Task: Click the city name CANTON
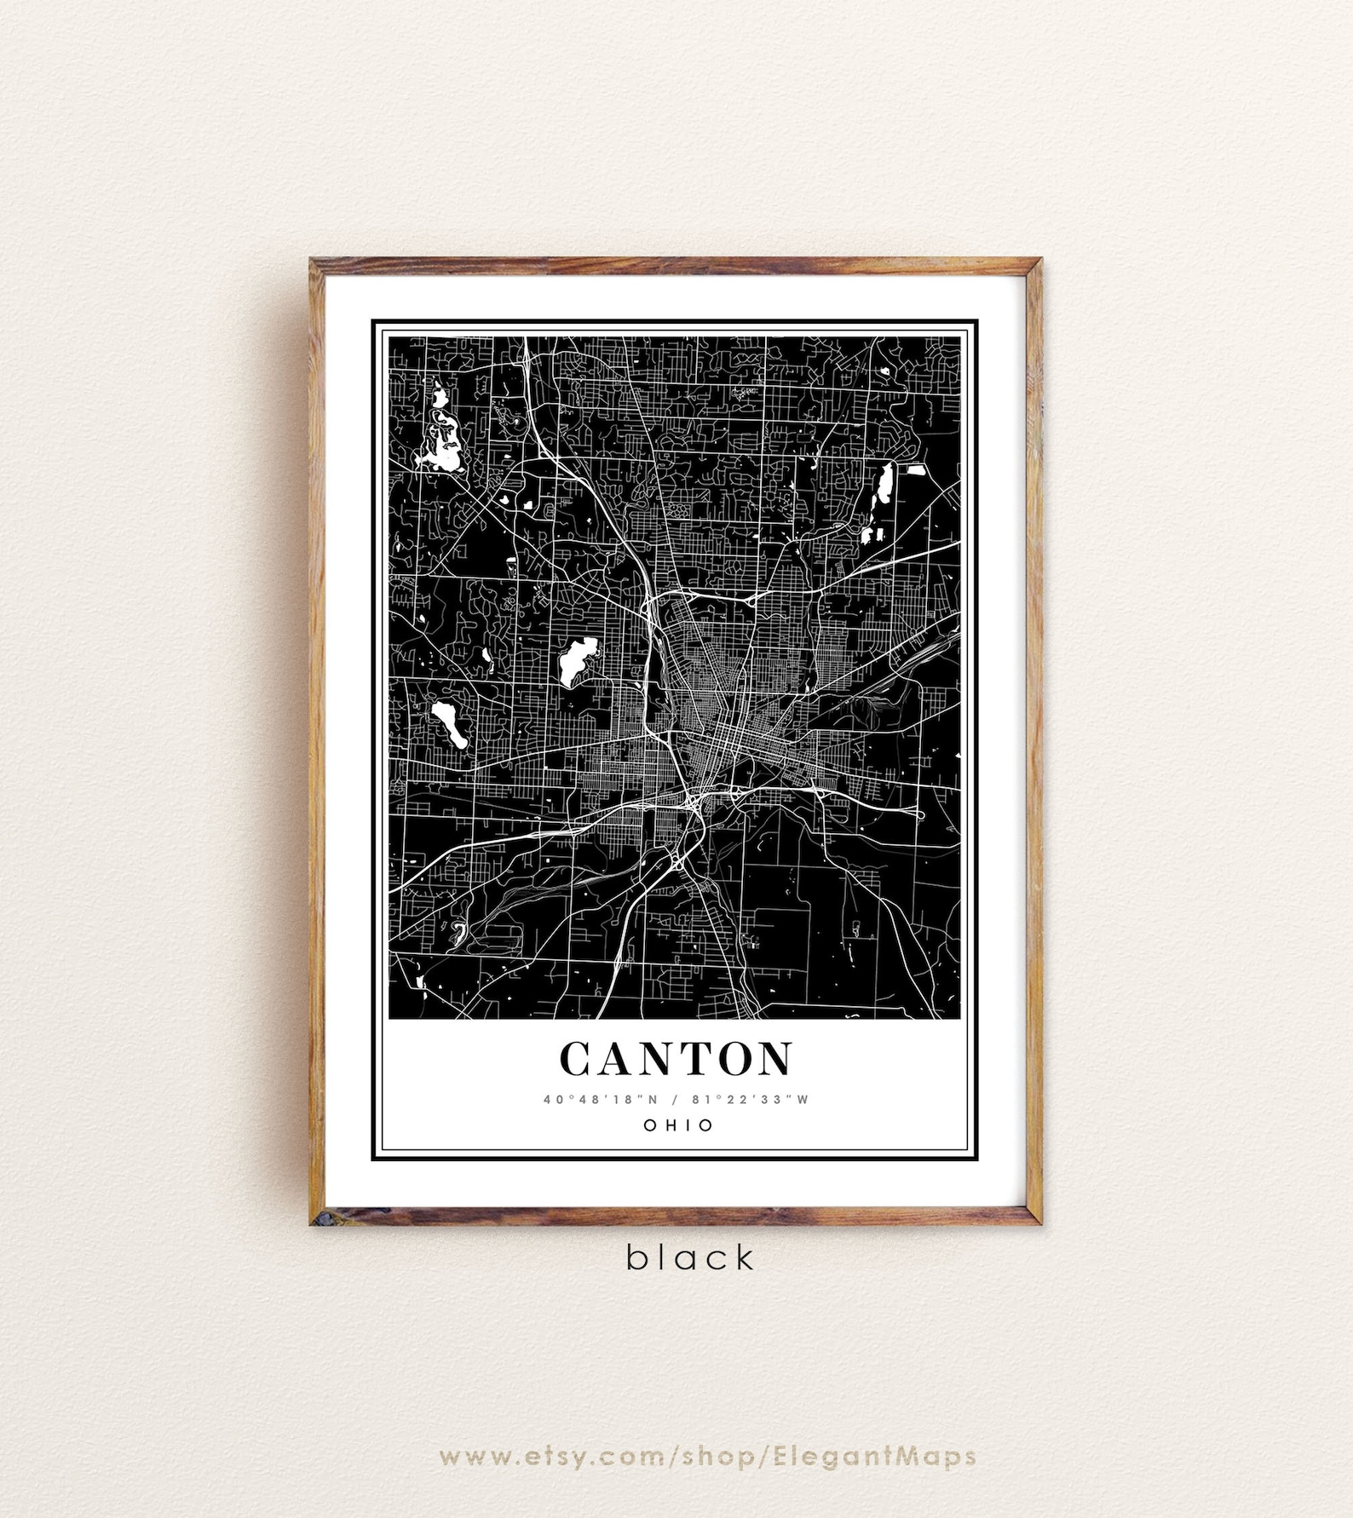[x=676, y=1058]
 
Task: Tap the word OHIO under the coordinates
[x=678, y=1125]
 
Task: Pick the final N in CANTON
[x=774, y=1058]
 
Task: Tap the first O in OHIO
[x=650, y=1125]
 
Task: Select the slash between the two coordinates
[x=676, y=1099]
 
